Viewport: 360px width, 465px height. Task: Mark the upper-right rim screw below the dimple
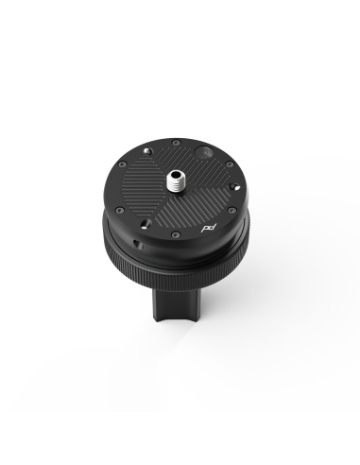(x=225, y=165)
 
